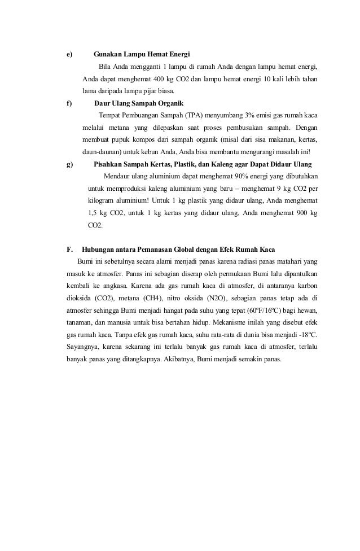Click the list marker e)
click(x=69, y=55)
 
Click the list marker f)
click(x=69, y=104)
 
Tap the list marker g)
click(x=69, y=164)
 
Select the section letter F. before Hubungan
click(x=70, y=249)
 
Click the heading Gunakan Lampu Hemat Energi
click(x=142, y=55)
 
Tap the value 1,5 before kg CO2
click(x=93, y=213)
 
